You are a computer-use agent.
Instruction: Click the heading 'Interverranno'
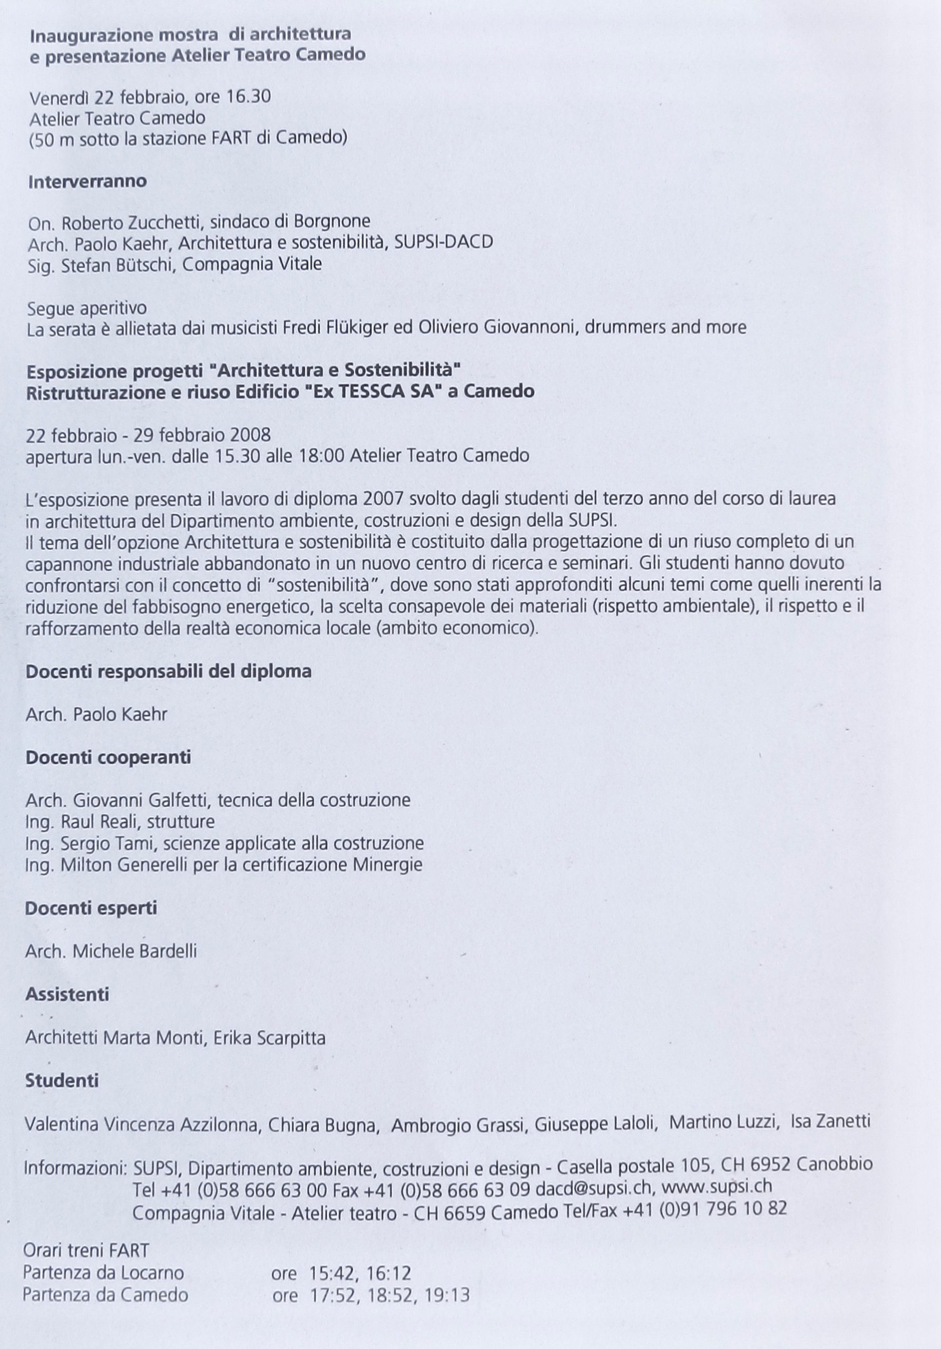click(x=87, y=182)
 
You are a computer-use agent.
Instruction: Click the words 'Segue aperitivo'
click(x=86, y=308)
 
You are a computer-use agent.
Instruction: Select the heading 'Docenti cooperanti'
click(x=108, y=757)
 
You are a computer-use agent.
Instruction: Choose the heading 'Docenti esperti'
click(x=91, y=908)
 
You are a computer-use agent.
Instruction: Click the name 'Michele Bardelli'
click(x=134, y=951)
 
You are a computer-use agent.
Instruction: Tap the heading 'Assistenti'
click(x=67, y=995)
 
